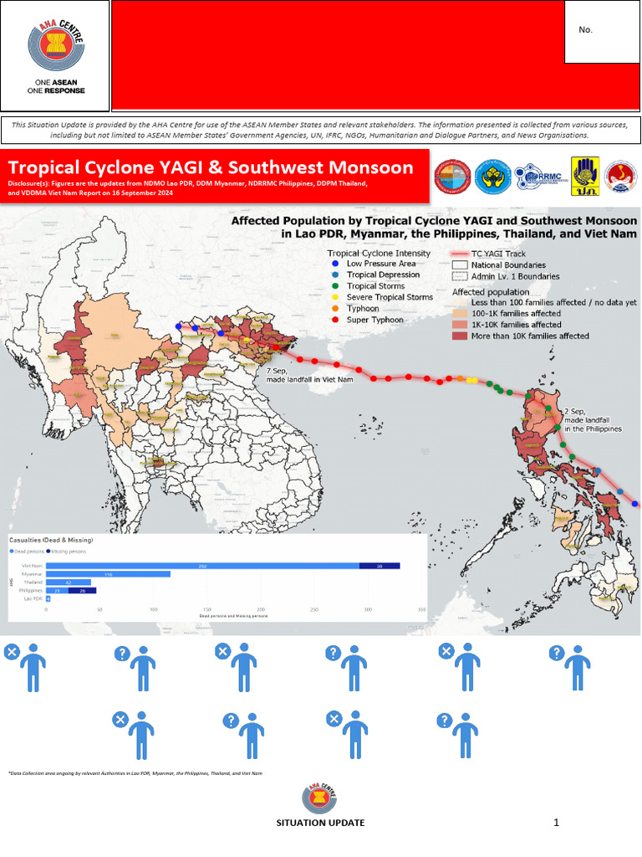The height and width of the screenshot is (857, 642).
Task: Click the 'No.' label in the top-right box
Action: [x=585, y=30]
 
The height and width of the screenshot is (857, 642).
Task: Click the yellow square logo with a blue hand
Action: [x=583, y=177]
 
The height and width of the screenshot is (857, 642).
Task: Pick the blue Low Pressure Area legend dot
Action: [x=335, y=264]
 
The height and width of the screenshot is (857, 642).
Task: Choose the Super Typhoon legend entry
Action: [x=369, y=320]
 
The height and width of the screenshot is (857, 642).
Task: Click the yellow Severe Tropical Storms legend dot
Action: [x=335, y=297]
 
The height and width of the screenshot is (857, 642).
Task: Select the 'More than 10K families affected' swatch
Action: [x=460, y=336]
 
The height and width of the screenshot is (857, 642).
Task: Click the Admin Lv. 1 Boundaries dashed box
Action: [x=459, y=276]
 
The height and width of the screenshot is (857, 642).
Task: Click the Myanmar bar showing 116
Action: [x=108, y=574]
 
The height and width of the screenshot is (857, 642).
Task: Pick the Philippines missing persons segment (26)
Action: [x=82, y=591]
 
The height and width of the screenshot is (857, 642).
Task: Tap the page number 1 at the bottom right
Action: [x=555, y=823]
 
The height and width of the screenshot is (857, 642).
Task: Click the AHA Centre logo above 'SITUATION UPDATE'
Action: [x=320, y=799]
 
